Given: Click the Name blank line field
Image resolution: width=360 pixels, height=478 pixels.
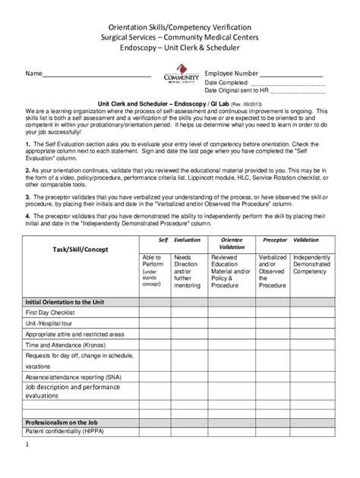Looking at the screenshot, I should (96, 76).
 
